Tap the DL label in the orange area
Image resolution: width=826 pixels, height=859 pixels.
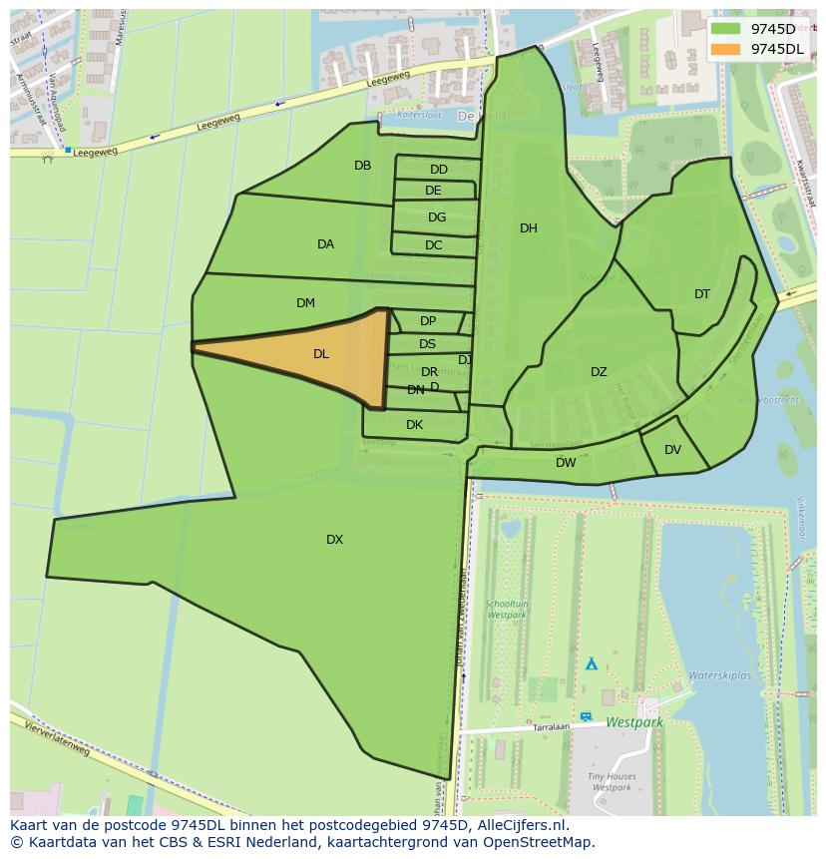coord(321,354)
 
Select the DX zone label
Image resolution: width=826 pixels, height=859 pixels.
coord(334,540)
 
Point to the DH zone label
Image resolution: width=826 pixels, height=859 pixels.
coord(529,228)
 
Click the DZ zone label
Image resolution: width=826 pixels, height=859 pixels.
coord(599,372)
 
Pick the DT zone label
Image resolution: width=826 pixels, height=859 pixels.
coord(702,294)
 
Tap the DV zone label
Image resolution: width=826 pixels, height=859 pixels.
coord(672,450)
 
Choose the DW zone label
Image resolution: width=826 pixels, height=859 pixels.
coord(566,463)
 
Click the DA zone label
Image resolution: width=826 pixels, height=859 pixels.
coord(325,244)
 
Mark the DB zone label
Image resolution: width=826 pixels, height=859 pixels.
coord(362,166)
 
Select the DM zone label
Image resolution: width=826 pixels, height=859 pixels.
coord(305,303)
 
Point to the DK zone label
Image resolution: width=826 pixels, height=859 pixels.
coord(414,425)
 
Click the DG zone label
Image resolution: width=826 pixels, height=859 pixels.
coord(437,217)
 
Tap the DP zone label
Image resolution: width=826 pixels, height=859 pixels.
coord(428,321)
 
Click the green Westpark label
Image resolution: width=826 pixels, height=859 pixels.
coord(634,721)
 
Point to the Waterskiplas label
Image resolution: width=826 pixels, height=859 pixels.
coord(719,675)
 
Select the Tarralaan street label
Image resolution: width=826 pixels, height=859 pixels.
coord(551,727)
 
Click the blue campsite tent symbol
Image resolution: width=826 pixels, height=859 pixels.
coord(591,662)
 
